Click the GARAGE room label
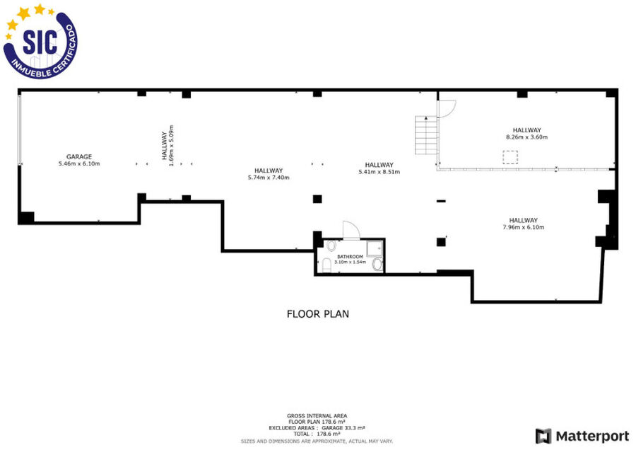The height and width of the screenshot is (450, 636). (x=79, y=156)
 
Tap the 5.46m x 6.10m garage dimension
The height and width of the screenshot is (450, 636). (x=79, y=163)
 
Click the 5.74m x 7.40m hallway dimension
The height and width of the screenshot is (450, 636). (x=269, y=178)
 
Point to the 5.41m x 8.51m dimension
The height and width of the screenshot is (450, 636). (x=379, y=172)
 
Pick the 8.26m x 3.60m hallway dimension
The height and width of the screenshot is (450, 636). (x=527, y=137)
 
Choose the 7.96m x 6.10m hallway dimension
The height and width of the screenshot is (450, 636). (x=524, y=227)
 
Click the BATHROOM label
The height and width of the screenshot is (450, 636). (x=350, y=257)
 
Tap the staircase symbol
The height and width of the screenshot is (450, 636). (x=426, y=135)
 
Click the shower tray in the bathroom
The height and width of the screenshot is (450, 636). (x=375, y=248)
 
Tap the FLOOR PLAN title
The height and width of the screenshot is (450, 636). (x=317, y=314)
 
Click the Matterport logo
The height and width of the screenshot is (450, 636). (x=582, y=436)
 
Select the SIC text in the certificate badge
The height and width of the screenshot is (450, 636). (x=40, y=42)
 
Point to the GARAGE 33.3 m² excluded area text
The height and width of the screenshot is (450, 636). (x=343, y=428)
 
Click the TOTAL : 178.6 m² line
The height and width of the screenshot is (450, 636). (x=317, y=434)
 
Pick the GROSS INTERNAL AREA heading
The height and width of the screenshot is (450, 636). (x=317, y=416)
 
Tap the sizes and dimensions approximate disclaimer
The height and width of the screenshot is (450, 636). (x=317, y=441)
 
